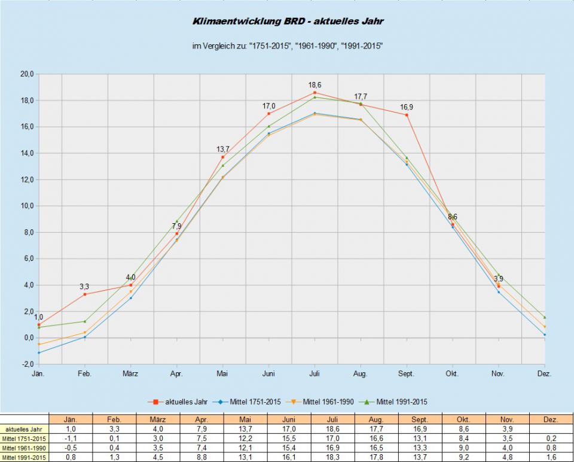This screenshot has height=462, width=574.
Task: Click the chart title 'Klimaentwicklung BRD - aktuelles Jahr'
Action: tap(288, 22)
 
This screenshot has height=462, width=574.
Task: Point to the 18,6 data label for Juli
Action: tap(315, 86)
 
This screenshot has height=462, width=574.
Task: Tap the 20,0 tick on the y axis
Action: tap(27, 74)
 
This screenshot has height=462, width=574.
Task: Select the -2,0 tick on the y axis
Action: tap(27, 364)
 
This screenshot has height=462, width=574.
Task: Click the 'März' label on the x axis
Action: tap(130, 373)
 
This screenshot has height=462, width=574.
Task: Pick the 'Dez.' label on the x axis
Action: tap(544, 373)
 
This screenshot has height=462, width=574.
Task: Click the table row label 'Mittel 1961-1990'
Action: tap(25, 448)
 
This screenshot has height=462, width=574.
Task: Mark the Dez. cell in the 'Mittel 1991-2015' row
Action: tap(550, 458)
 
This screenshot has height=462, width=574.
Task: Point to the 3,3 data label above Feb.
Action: tap(84, 287)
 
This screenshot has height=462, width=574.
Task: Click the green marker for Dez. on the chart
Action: tap(545, 317)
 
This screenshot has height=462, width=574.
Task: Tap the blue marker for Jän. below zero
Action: tap(39, 352)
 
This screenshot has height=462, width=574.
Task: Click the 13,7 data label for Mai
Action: tap(223, 149)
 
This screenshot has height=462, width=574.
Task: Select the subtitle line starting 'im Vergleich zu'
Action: tap(288, 46)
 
